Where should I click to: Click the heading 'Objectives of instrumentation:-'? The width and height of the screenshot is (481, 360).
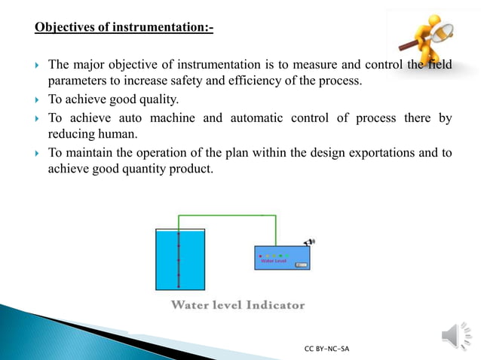(124, 29)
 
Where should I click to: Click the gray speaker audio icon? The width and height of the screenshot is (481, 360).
(452, 334)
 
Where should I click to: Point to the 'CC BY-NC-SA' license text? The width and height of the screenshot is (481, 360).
(326, 349)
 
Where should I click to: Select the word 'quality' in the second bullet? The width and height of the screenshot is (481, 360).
(159, 99)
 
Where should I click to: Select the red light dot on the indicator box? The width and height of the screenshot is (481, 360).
(260, 255)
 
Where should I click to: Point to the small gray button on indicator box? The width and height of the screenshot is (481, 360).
(301, 265)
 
